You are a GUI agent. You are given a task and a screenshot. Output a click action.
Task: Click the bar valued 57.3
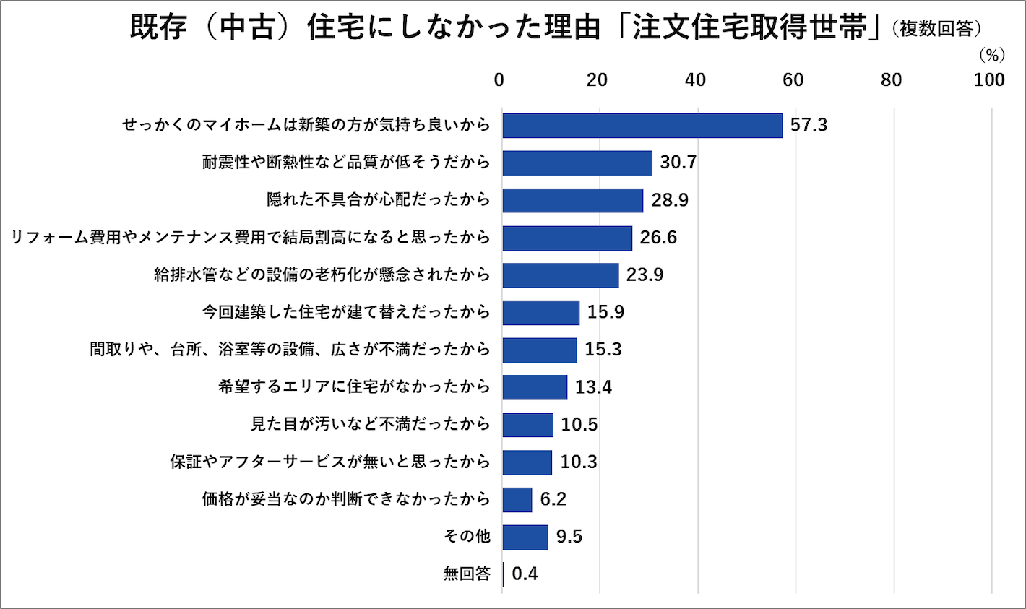(x=642, y=125)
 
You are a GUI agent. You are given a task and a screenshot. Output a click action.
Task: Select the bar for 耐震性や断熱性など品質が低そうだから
(x=577, y=163)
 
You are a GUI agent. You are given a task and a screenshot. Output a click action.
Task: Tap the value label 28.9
(x=670, y=200)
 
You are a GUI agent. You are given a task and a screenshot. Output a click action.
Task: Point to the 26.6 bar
(x=567, y=238)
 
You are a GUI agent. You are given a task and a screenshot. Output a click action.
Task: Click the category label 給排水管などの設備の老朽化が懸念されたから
(x=322, y=275)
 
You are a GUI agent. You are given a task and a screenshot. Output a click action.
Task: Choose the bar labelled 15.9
(x=541, y=312)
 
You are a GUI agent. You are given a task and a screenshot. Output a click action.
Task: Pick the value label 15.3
(x=603, y=350)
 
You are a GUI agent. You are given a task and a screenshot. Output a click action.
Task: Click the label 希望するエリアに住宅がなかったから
(x=354, y=386)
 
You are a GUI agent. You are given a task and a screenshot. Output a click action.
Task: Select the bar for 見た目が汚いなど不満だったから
(x=528, y=424)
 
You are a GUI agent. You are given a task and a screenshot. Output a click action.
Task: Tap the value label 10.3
(x=579, y=462)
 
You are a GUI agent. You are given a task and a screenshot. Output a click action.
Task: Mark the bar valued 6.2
(x=517, y=499)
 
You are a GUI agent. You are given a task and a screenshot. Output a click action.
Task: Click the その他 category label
(x=467, y=536)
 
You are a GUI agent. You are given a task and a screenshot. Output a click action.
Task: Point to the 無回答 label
(x=467, y=574)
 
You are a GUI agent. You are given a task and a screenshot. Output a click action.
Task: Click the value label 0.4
(x=525, y=574)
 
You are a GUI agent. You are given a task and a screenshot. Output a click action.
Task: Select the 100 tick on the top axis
(x=989, y=79)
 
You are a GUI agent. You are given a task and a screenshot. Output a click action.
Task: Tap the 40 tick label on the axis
(x=695, y=79)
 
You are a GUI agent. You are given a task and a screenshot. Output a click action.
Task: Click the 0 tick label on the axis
(x=499, y=79)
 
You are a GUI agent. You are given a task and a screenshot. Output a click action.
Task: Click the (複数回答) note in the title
(x=937, y=29)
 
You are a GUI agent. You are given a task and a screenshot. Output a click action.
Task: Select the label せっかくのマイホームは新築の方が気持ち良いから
(x=306, y=125)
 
